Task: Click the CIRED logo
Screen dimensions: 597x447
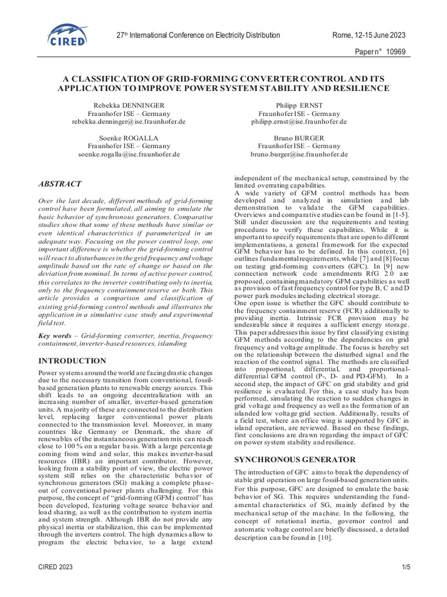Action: point(69,36)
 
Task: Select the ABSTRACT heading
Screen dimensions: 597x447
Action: point(59,184)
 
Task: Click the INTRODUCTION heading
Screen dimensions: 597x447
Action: point(72,361)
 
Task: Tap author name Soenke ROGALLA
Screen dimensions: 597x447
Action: point(129,137)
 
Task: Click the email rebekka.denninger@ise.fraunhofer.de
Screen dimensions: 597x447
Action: point(129,122)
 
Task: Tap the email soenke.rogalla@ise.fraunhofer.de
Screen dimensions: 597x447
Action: point(129,154)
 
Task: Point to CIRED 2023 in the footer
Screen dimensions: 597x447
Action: point(56,567)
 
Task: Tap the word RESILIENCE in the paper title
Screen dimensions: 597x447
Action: point(360,88)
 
